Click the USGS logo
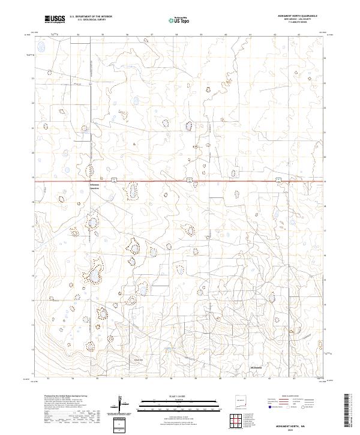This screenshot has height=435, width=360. point(56,20)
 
